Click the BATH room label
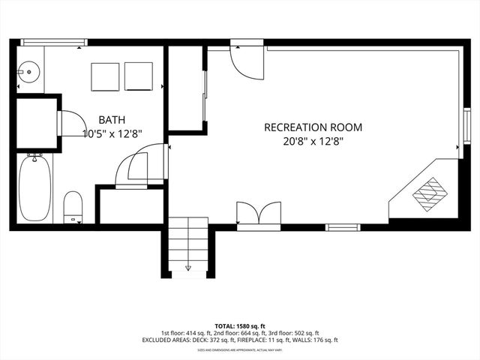[x=112, y=119]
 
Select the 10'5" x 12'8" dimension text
[x=112, y=133]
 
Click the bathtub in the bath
[x=34, y=187]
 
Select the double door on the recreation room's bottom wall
[x=259, y=214]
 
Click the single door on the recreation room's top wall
[x=246, y=60]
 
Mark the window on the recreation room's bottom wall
[x=343, y=226]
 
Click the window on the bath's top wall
[x=49, y=43]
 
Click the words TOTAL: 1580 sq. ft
[x=239, y=325]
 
